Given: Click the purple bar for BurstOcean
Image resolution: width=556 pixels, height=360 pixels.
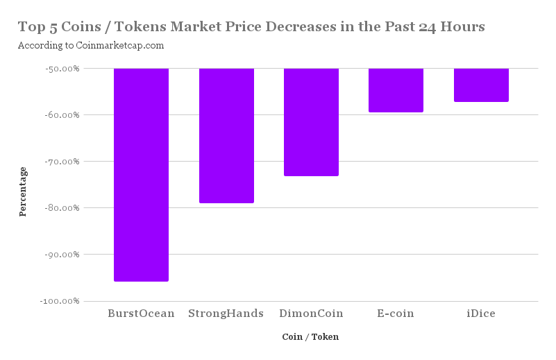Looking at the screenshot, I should click(x=141, y=175).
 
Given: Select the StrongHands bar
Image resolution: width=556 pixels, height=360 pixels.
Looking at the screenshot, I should click(x=226, y=136).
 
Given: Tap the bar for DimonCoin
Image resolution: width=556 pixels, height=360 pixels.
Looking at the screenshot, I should click(x=312, y=122).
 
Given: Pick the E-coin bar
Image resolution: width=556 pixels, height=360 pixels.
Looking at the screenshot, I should click(x=396, y=90).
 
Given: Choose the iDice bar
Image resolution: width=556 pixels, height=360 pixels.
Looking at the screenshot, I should click(x=481, y=85).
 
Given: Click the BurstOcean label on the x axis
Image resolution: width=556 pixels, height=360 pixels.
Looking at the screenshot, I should click(x=141, y=314).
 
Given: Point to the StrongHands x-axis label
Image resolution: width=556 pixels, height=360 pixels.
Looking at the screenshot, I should click(x=226, y=314).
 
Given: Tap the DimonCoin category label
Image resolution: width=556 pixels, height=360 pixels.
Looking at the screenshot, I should click(x=312, y=314).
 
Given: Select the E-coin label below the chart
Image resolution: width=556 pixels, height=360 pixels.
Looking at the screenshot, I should click(x=396, y=314).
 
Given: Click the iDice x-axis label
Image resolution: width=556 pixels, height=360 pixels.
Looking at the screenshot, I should click(x=481, y=314).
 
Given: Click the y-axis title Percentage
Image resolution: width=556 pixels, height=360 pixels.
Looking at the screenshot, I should click(x=23, y=191).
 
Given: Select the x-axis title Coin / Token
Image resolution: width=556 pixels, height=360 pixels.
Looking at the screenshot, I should click(x=310, y=337).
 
